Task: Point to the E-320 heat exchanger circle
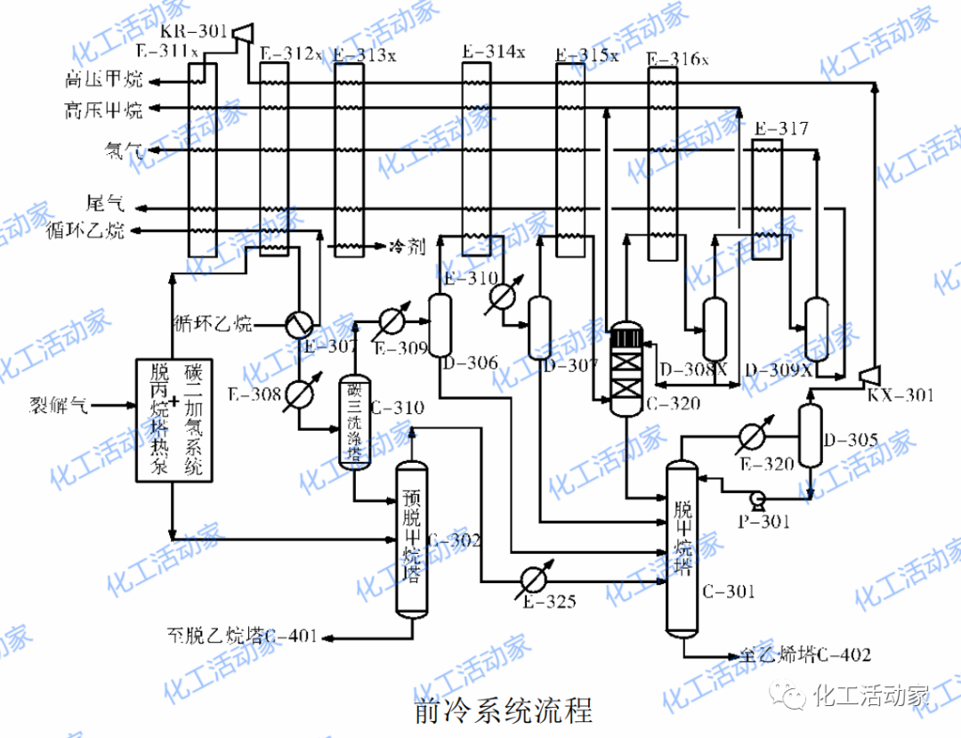click(752, 435)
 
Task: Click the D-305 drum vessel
click(808, 435)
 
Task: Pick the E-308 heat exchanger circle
click(299, 393)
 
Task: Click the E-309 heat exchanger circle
click(392, 320)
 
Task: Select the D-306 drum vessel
click(440, 325)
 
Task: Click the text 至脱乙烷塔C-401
click(242, 637)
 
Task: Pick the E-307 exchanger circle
click(299, 322)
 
